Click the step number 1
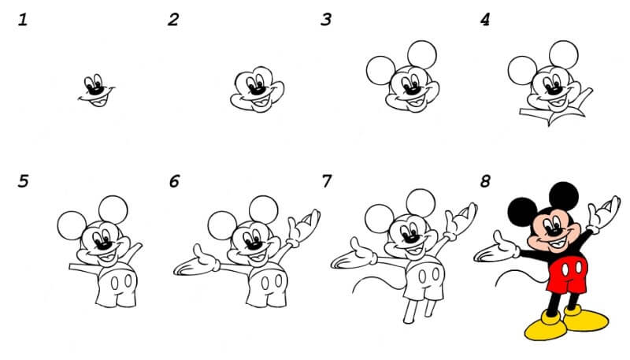[23, 20]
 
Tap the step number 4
[485, 20]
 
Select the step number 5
[24, 181]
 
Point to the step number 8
[485, 181]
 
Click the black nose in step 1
[94, 91]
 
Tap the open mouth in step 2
[259, 103]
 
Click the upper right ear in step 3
[422, 54]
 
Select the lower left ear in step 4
[522, 70]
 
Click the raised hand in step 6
[304, 226]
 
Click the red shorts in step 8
[567, 274]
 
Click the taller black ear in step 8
[564, 195]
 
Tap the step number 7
[327, 181]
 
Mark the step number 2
[173, 20]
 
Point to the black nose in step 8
[554, 232]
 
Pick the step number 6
[174, 181]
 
